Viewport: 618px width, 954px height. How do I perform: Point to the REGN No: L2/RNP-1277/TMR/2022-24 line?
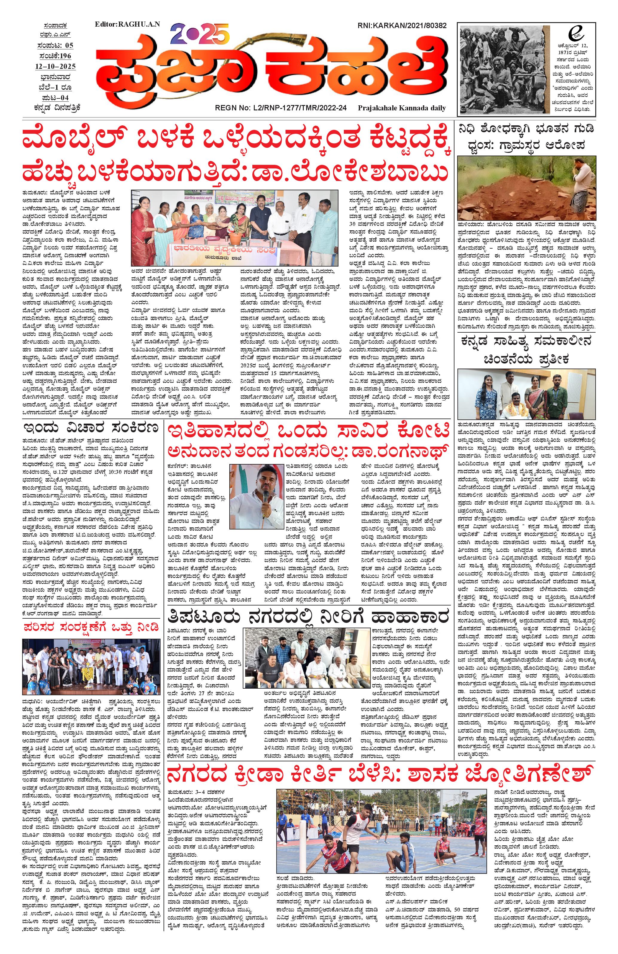coord(280,108)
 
